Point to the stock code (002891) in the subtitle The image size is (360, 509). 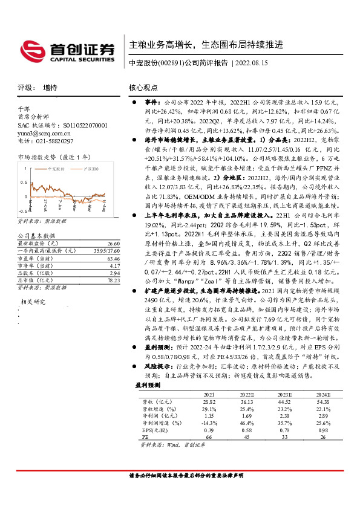[171, 62]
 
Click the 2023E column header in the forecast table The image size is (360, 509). [284, 393]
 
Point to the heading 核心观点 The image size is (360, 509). [143, 88]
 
